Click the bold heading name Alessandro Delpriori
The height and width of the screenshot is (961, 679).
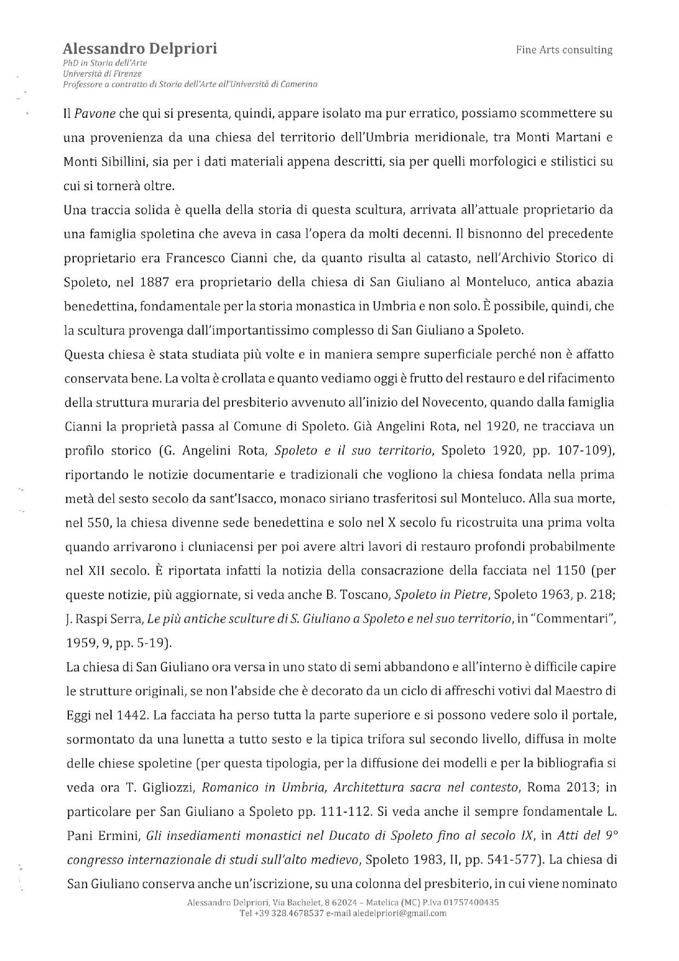(140, 49)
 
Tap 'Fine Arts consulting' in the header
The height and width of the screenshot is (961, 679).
(564, 50)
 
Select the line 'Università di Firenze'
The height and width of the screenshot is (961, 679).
(102, 73)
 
